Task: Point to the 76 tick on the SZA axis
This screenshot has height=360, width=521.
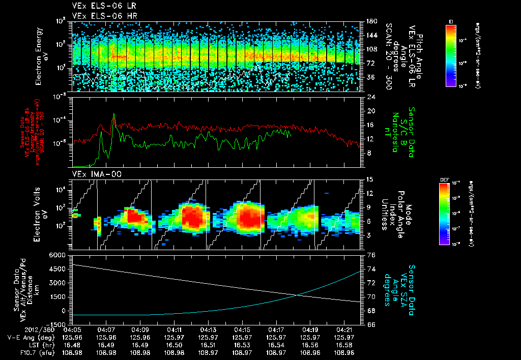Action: tap(370, 254)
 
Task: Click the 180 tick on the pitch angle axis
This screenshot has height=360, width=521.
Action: tap(370, 21)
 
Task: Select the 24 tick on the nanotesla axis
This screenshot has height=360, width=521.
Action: tap(370, 97)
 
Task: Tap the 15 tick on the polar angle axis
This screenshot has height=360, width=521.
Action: tap(370, 179)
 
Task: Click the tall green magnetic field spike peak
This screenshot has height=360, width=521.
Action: tap(113, 114)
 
